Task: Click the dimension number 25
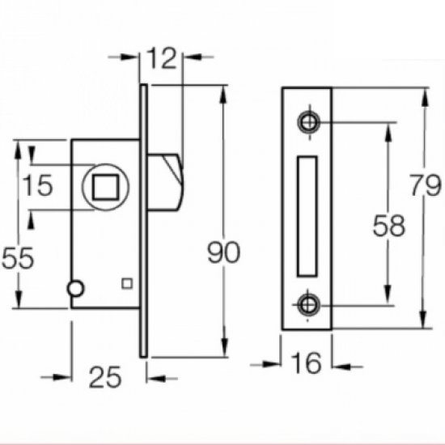pos(105,378)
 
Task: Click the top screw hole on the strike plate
pos(308,121)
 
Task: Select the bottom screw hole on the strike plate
pos(308,304)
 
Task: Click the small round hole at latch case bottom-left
pos(75,288)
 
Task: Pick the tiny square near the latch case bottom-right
pos(126,282)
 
